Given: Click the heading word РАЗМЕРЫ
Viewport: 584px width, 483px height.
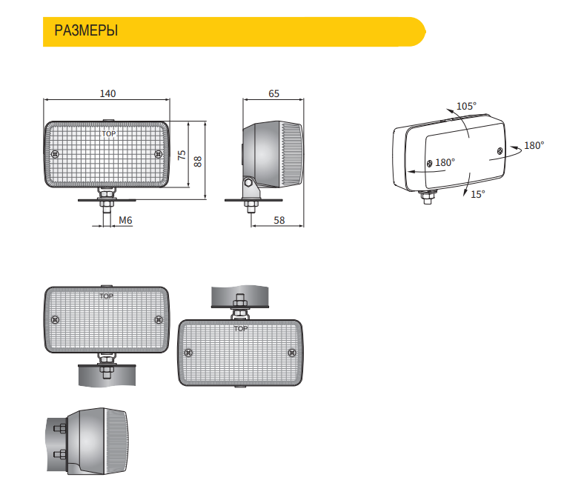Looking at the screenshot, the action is click(86, 30).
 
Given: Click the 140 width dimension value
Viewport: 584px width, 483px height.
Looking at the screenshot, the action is click(107, 93).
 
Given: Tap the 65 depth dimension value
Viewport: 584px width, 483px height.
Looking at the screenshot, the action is click(273, 93).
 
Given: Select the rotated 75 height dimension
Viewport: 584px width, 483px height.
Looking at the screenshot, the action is click(182, 155).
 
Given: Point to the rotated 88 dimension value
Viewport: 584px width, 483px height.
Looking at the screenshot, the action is click(198, 161).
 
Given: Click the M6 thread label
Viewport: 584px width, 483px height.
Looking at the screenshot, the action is click(125, 221).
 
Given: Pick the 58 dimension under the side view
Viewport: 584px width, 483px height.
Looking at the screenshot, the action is click(279, 221).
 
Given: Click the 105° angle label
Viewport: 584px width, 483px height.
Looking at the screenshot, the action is click(467, 106).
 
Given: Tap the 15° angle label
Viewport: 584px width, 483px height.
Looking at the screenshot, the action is click(478, 194).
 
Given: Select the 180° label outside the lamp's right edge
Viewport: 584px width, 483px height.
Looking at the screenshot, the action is click(534, 146).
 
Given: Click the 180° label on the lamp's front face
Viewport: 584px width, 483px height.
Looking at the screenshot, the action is click(445, 163).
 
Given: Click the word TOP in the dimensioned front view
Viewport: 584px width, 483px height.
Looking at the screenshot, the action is click(109, 133).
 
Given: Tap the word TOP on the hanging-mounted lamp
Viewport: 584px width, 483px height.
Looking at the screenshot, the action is click(241, 328).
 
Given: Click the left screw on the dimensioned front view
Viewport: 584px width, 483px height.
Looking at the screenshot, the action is click(55, 154).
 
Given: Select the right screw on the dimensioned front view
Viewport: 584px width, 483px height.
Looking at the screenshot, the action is click(159, 154).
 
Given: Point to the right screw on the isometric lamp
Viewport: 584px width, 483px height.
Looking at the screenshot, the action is click(500, 151).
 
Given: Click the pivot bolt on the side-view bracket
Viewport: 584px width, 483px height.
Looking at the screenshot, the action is click(248, 183).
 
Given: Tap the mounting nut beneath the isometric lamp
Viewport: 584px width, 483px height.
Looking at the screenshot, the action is click(427, 197).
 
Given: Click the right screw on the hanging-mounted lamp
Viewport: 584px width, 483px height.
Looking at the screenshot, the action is click(292, 353).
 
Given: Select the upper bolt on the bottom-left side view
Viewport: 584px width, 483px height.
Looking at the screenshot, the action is click(60, 429).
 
